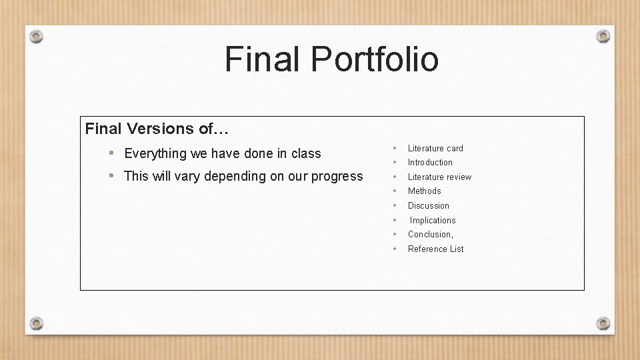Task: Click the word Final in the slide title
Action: click(x=262, y=59)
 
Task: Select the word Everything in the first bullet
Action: click(x=155, y=153)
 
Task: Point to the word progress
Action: click(x=337, y=177)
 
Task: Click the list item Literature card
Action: click(x=435, y=148)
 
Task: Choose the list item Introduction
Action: click(x=430, y=162)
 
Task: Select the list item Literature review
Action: click(x=439, y=177)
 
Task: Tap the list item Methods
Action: click(x=424, y=191)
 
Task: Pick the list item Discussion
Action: click(x=429, y=205)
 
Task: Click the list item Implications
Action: click(x=433, y=220)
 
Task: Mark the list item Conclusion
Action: click(x=430, y=234)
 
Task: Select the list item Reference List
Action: click(x=435, y=249)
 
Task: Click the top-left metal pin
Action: click(x=37, y=36)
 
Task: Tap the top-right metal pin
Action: click(x=603, y=36)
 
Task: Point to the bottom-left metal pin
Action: click(x=37, y=323)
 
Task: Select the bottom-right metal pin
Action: click(x=603, y=323)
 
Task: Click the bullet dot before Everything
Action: click(x=112, y=153)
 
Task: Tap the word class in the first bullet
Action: click(x=306, y=153)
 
